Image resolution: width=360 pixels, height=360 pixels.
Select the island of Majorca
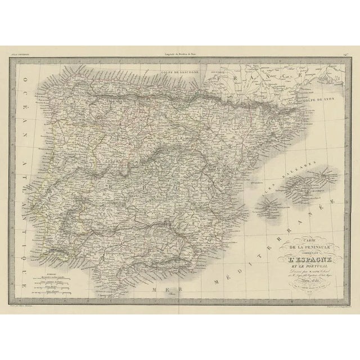coord(307,186)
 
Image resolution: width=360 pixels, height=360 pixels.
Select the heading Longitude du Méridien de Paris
coord(179,53)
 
